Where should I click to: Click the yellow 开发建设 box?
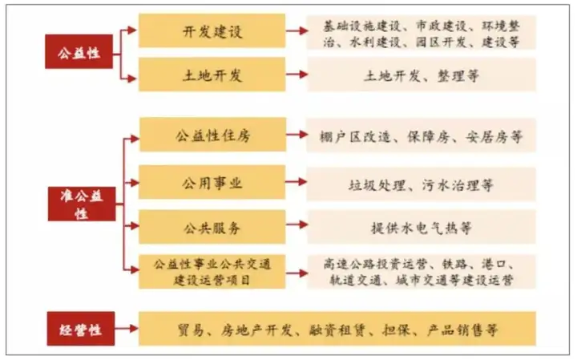click(x=212, y=32)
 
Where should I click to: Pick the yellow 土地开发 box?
click(x=212, y=75)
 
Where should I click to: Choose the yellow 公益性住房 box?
click(x=212, y=136)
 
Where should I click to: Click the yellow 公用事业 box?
click(x=212, y=183)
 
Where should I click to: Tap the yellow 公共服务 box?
click(x=212, y=227)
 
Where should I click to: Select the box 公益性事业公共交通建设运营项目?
click(x=212, y=271)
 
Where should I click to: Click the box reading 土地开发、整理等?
click(x=422, y=75)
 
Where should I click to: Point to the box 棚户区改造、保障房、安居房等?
click(x=422, y=136)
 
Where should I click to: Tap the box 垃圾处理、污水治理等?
click(x=422, y=184)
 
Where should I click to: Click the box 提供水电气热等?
click(x=422, y=228)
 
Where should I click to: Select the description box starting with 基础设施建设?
click(x=422, y=32)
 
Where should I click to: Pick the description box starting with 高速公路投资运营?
click(x=422, y=271)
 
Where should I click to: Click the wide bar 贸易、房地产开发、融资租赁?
click(x=337, y=329)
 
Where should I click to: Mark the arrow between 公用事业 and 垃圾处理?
click(x=297, y=184)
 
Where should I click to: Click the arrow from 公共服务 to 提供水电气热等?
click(x=297, y=228)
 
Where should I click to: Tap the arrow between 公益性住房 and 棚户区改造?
click(x=297, y=136)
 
